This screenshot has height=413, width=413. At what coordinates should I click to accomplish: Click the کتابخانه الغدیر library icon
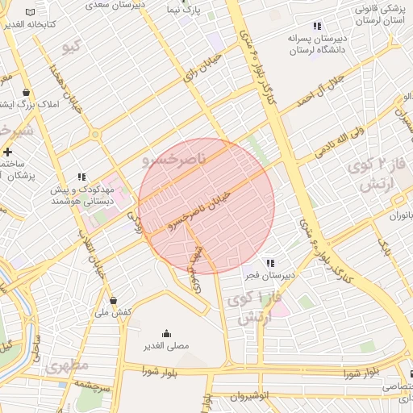click(x=31, y=13)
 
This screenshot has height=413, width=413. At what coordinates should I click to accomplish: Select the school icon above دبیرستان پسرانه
click(x=317, y=26)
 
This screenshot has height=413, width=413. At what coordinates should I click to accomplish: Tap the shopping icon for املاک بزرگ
click(x=27, y=91)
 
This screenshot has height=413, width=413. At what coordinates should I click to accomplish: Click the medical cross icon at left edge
click(x=7, y=151)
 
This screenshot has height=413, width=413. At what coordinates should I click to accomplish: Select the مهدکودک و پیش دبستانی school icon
click(x=81, y=176)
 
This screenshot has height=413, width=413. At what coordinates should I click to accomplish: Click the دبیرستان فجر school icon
click(x=270, y=263)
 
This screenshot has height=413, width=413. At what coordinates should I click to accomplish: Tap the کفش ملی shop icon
click(x=113, y=300)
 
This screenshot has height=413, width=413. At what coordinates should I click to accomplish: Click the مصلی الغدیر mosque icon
click(x=167, y=334)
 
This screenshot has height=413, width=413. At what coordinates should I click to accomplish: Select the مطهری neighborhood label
click(x=68, y=365)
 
